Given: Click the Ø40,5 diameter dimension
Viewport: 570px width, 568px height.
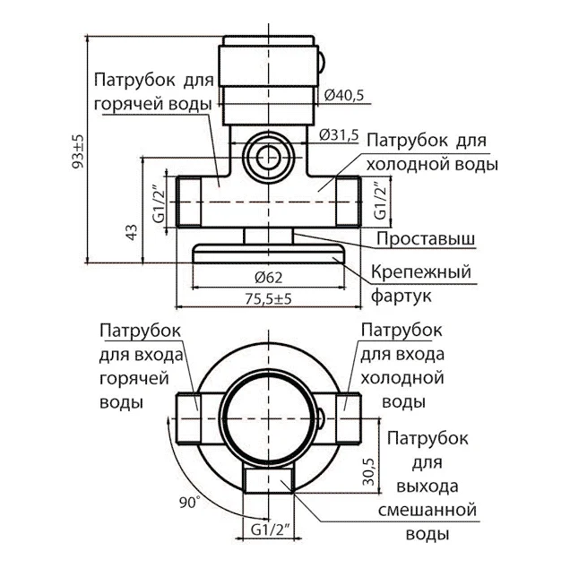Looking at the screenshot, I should (342, 94).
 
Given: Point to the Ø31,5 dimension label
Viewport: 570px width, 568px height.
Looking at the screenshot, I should (339, 134).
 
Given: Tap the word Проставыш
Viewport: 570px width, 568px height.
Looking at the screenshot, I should (425, 239).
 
